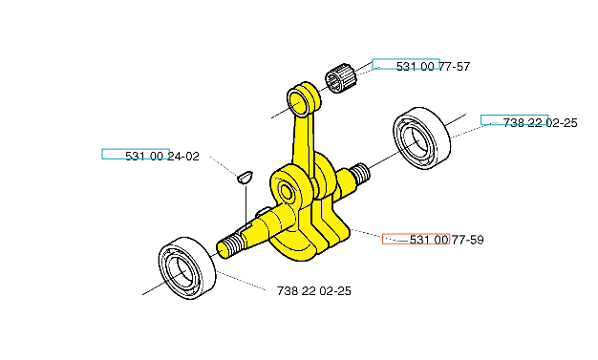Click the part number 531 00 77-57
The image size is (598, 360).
click(433, 67)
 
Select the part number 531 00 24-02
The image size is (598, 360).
click(162, 157)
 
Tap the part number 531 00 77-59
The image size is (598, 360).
click(447, 240)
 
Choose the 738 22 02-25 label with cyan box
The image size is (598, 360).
click(540, 123)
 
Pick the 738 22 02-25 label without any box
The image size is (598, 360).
click(314, 291)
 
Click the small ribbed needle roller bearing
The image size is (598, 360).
click(340, 78)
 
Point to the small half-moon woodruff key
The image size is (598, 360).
click(245, 177)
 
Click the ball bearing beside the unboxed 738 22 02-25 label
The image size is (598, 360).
click(187, 267)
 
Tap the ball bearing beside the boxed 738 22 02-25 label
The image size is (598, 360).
click(421, 138)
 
